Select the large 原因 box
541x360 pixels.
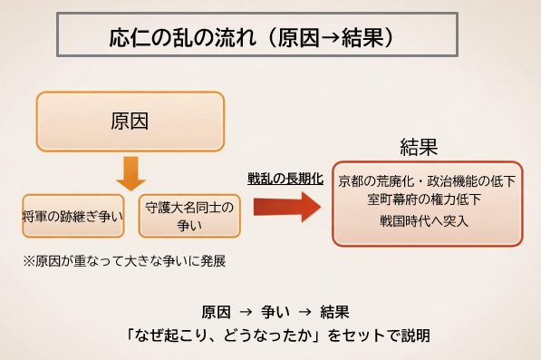(x=129, y=121)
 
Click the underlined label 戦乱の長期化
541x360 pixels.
(x=285, y=179)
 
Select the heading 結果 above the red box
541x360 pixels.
(x=420, y=147)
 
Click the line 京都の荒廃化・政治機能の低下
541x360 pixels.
(x=426, y=180)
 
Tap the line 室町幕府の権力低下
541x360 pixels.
(x=423, y=199)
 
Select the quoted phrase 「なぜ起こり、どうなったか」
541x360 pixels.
(x=230, y=333)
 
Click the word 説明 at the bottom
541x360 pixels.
(x=416, y=333)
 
